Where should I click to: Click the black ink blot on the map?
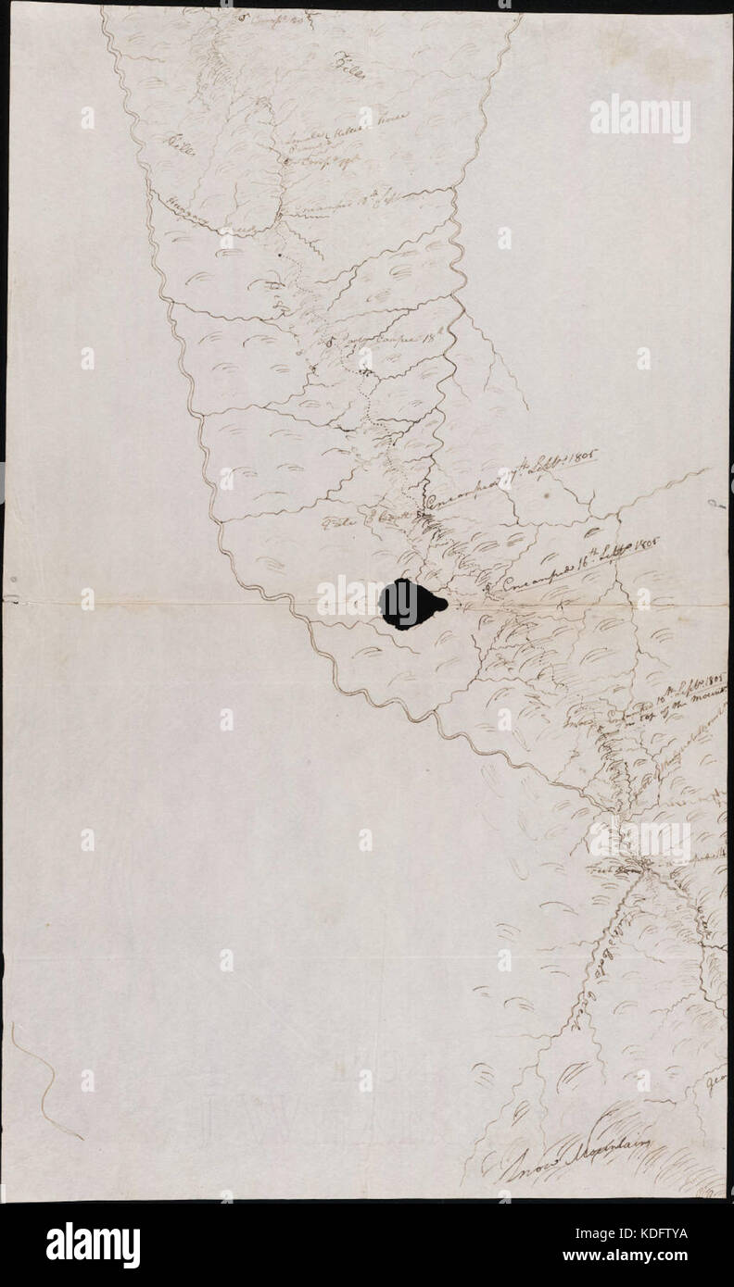[411, 604]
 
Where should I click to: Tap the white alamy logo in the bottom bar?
[93, 1244]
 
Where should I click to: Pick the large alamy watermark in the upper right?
[639, 119]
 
